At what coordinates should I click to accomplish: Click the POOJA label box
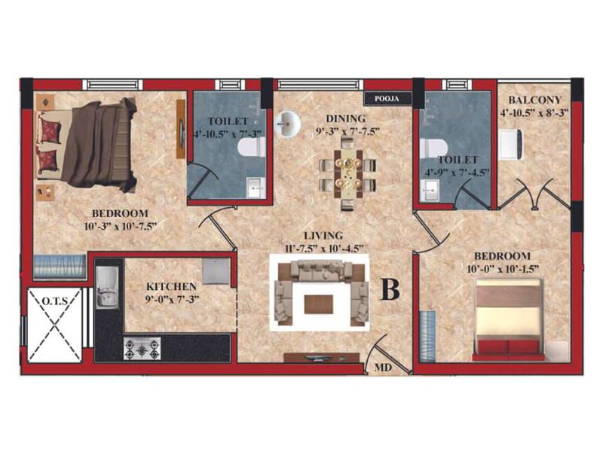[x=387, y=99]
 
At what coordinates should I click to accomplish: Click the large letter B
[x=390, y=289]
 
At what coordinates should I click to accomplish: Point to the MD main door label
[x=383, y=368]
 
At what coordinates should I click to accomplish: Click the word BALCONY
[x=534, y=100]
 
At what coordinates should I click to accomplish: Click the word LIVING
[x=323, y=235]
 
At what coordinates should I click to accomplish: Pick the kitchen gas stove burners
[x=142, y=349]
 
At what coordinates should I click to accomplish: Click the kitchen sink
[x=107, y=287]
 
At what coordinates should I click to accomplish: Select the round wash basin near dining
[x=288, y=124]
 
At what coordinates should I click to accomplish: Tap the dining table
[x=348, y=173]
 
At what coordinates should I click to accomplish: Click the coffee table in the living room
[x=319, y=304]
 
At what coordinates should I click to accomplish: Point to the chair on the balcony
[x=511, y=145]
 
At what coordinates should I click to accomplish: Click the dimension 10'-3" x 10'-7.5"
[x=121, y=225]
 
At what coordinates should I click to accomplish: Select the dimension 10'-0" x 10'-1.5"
[x=502, y=269]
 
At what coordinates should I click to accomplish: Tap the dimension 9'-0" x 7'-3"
[x=172, y=299]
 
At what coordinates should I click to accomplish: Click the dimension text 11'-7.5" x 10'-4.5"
[x=323, y=249]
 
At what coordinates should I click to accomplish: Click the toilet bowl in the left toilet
[x=251, y=147]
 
